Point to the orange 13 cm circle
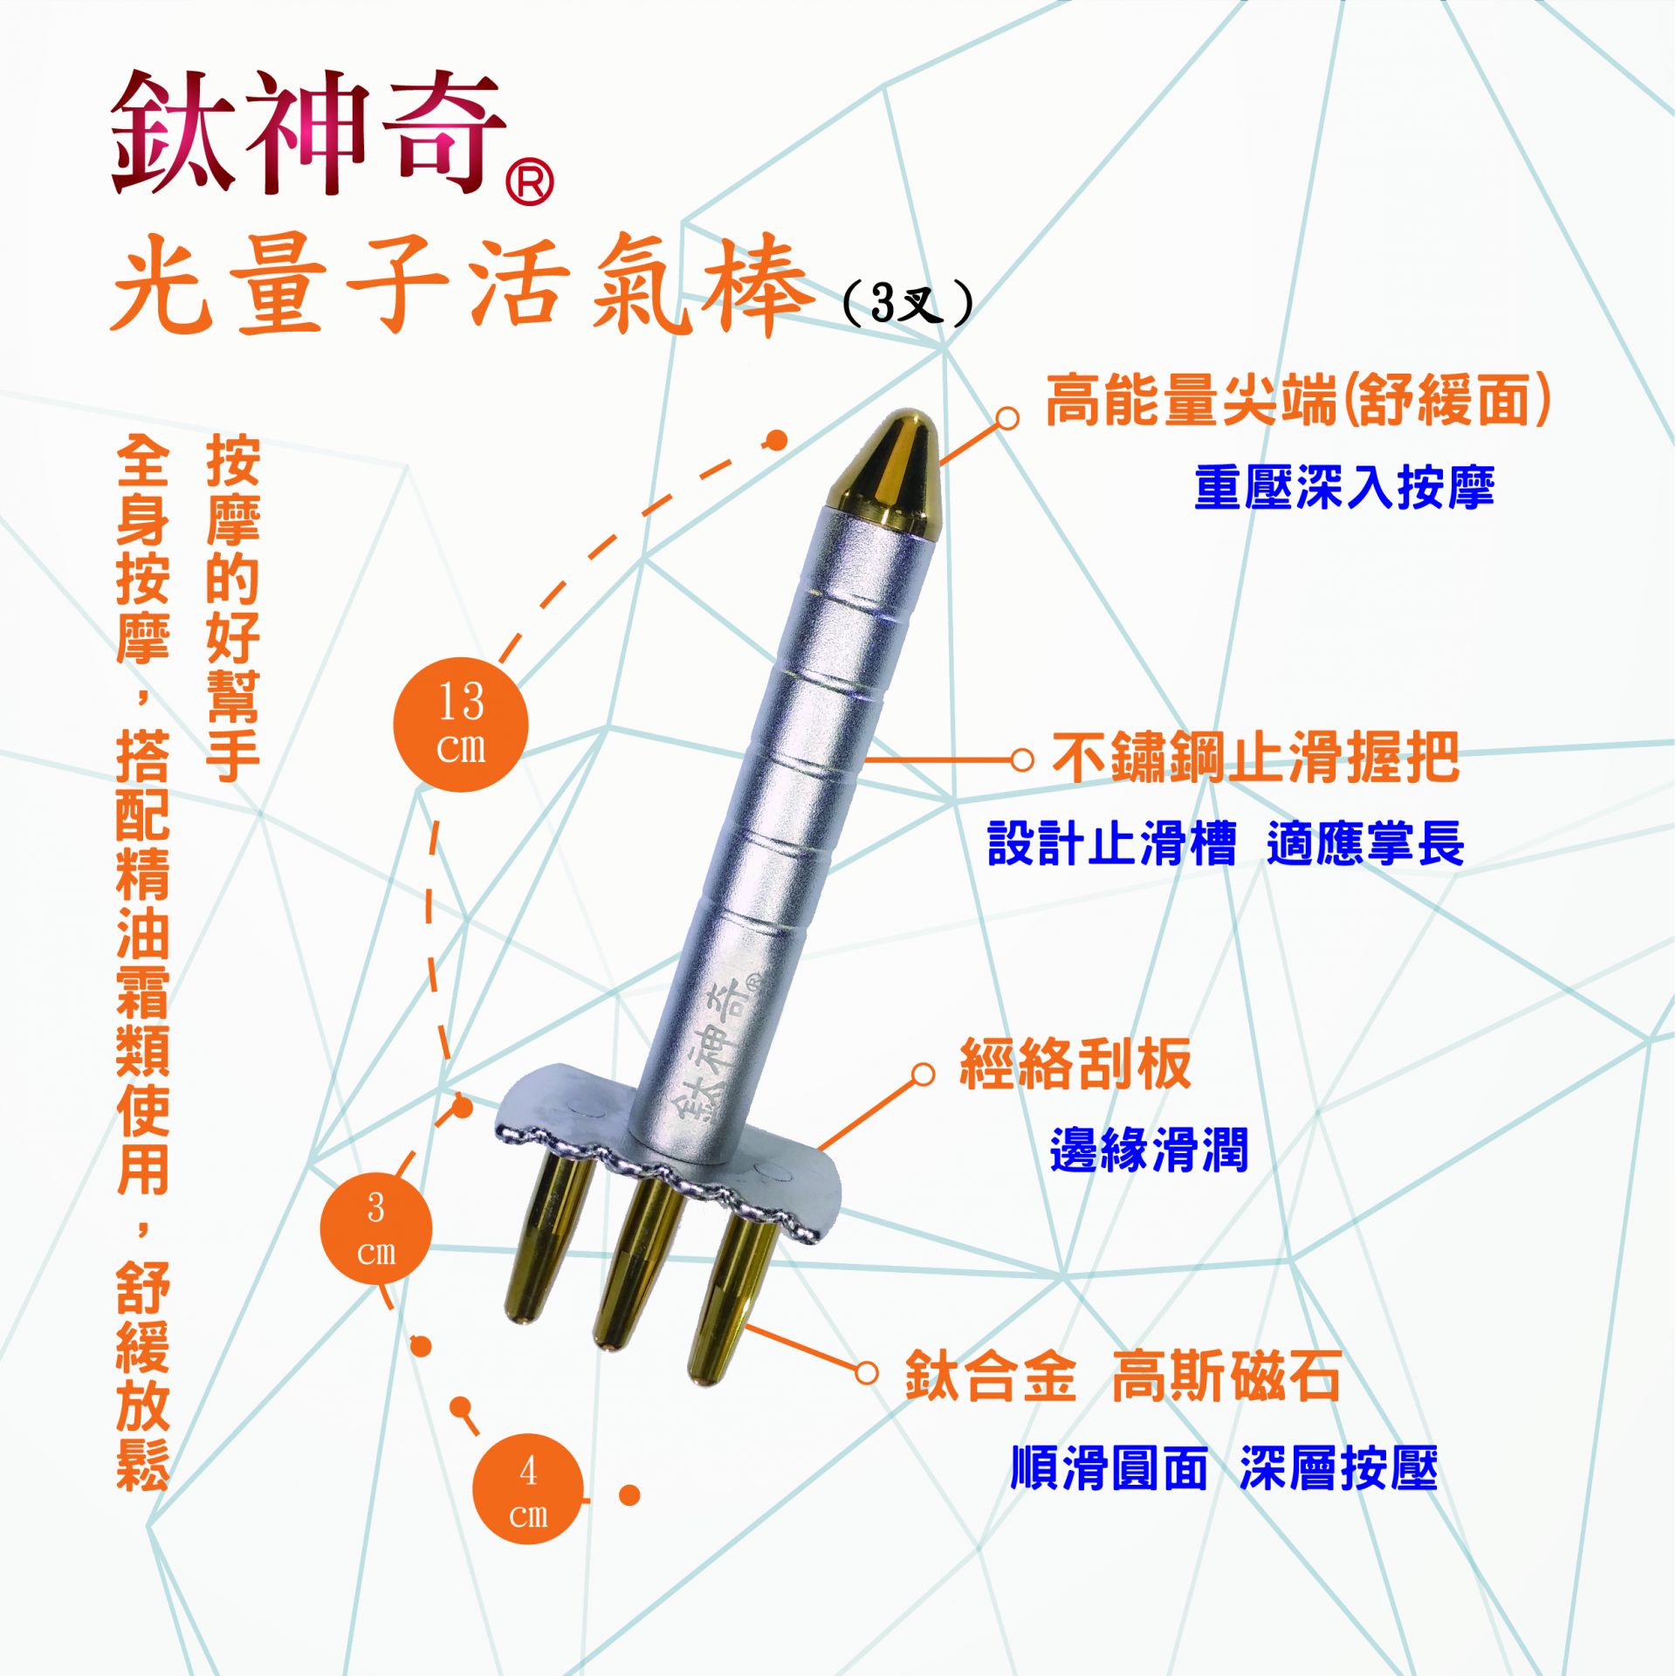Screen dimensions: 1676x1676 coord(461,725)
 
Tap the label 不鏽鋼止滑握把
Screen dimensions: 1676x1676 coord(1255,757)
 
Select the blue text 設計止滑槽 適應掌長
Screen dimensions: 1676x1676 coord(1226,843)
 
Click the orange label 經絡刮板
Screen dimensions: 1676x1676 coord(1075,1064)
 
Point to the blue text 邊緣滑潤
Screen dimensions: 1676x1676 coord(1149,1149)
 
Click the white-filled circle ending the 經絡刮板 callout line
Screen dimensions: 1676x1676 coord(923,1075)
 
